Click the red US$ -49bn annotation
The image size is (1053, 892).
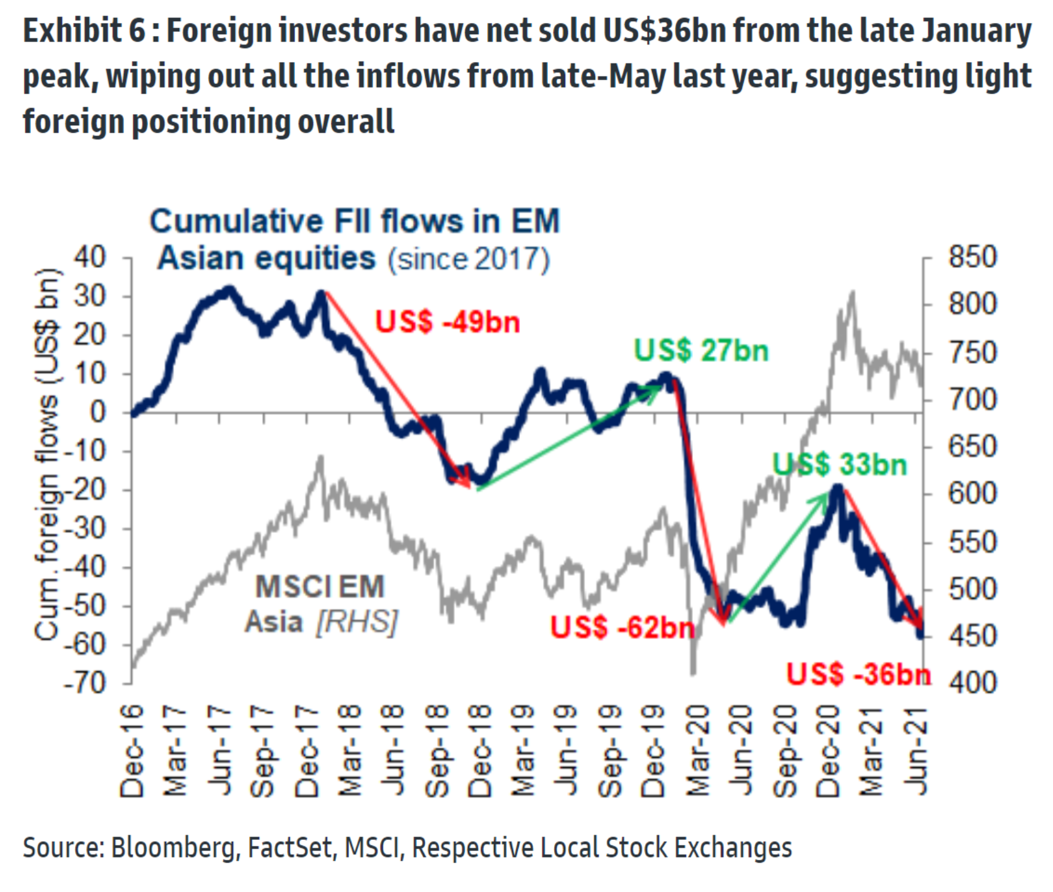[x=447, y=322]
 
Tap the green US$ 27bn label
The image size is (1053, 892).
[x=701, y=351]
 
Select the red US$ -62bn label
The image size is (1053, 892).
[x=622, y=628]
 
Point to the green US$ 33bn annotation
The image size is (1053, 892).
[x=840, y=464]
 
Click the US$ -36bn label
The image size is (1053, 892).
[x=858, y=674]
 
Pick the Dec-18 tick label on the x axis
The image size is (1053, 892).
[x=481, y=751]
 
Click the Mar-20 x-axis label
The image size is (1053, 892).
[x=698, y=751]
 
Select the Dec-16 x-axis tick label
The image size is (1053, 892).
[x=132, y=751]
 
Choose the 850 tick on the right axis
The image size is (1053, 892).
[x=972, y=257]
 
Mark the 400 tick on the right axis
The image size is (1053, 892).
[x=972, y=682]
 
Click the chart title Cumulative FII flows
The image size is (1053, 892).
[x=355, y=239]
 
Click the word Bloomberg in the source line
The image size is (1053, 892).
[x=174, y=847]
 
